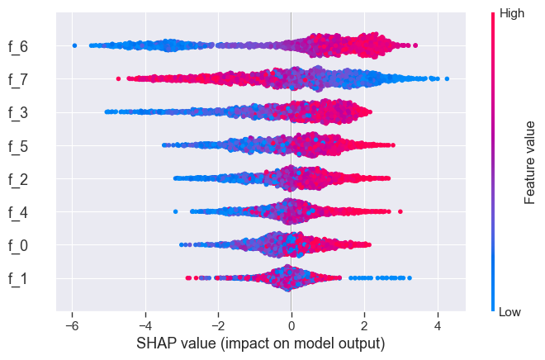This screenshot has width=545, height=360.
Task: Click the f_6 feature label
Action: coord(17,46)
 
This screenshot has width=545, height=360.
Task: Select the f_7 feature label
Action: coord(17,79)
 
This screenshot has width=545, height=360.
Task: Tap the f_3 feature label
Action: coord(17,112)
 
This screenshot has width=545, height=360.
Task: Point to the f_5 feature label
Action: coord(17,146)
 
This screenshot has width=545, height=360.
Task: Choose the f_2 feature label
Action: coord(17,179)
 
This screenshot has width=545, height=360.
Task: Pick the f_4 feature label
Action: coord(17,212)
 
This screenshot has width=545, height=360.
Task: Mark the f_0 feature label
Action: coord(17,245)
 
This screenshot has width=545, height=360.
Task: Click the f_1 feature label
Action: coord(17,278)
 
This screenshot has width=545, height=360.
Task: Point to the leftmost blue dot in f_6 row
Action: coord(75,45)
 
